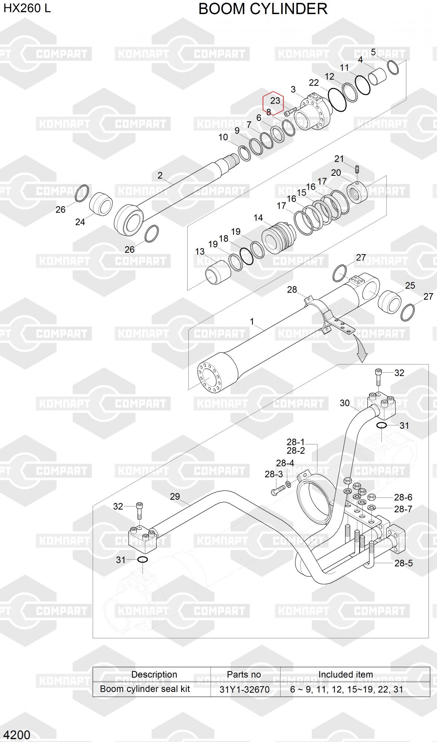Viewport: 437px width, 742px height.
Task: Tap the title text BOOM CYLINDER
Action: click(263, 9)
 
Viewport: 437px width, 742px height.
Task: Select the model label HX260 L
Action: click(27, 8)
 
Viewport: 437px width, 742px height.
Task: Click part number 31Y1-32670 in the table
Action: click(244, 690)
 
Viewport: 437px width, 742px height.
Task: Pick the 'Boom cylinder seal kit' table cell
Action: click(145, 689)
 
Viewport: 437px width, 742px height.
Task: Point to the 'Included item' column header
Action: click(345, 674)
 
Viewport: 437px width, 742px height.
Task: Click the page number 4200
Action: click(17, 735)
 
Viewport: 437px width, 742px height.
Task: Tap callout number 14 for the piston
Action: click(258, 218)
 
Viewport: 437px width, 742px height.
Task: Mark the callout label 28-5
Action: click(403, 563)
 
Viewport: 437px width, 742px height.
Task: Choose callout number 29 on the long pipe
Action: click(175, 496)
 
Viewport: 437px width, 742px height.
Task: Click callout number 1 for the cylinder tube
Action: click(252, 321)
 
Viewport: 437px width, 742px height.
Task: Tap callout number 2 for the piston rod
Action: click(160, 175)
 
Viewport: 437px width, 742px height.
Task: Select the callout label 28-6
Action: click(403, 497)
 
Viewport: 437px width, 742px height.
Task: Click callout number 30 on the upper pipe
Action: click(344, 403)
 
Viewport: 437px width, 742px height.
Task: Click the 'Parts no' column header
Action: click(244, 674)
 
